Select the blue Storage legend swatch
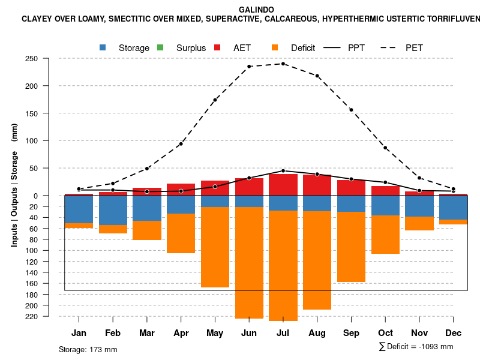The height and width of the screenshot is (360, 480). point(103,47)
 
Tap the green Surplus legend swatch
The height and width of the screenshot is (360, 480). point(160,47)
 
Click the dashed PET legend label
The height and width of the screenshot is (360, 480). point(414,47)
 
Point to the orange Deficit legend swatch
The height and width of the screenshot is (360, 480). point(275,47)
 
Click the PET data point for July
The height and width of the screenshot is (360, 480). point(283,64)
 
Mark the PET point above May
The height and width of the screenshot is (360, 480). point(215,100)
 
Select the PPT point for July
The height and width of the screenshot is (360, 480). point(283,171)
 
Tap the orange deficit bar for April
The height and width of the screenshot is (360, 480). point(181,233)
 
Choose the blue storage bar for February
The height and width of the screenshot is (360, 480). point(113,210)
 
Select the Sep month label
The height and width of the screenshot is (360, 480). point(352,333)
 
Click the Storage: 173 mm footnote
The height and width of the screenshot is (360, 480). point(88,349)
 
